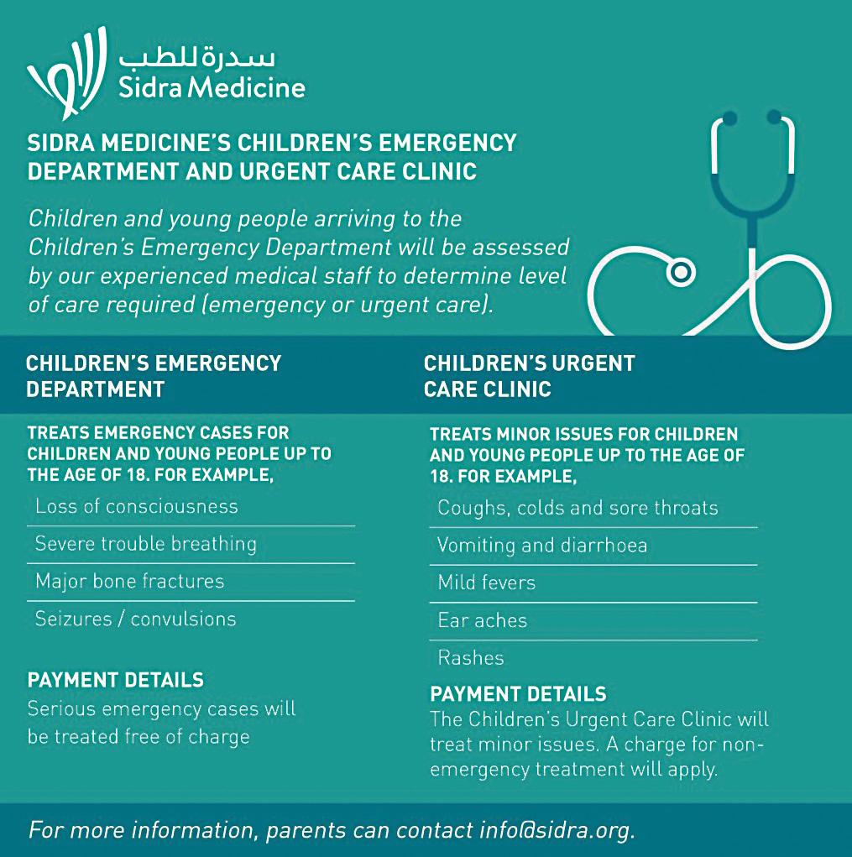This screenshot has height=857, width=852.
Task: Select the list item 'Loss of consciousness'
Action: coord(137,507)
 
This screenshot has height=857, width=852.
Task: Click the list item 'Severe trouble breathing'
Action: coord(146,544)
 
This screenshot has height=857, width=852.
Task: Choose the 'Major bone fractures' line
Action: coord(130,581)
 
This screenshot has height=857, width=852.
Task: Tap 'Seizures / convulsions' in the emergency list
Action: coord(136,619)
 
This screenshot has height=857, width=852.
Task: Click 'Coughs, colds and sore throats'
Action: coord(578,508)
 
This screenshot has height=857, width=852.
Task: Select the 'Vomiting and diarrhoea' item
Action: coord(542,546)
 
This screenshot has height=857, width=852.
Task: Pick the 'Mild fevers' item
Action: coord(487,583)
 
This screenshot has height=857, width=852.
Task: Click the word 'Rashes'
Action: coord(471,658)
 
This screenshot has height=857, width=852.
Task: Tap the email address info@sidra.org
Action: coord(555,830)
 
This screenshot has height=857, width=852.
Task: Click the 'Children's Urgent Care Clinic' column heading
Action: coord(529,376)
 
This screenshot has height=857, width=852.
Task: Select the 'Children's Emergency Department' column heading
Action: coord(154,376)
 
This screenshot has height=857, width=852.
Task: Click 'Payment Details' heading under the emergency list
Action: coord(116,679)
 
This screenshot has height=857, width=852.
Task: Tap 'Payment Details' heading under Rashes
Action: coord(518,694)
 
